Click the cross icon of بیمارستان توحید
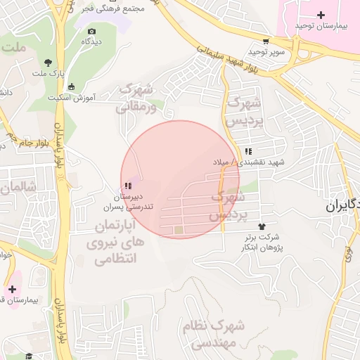321,15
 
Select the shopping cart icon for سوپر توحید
266,41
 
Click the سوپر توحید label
266,52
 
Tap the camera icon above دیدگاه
91,31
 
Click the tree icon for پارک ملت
48,62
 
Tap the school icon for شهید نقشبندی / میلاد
248,151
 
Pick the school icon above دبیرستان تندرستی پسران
127,186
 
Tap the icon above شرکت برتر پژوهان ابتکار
262,226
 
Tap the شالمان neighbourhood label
15,189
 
